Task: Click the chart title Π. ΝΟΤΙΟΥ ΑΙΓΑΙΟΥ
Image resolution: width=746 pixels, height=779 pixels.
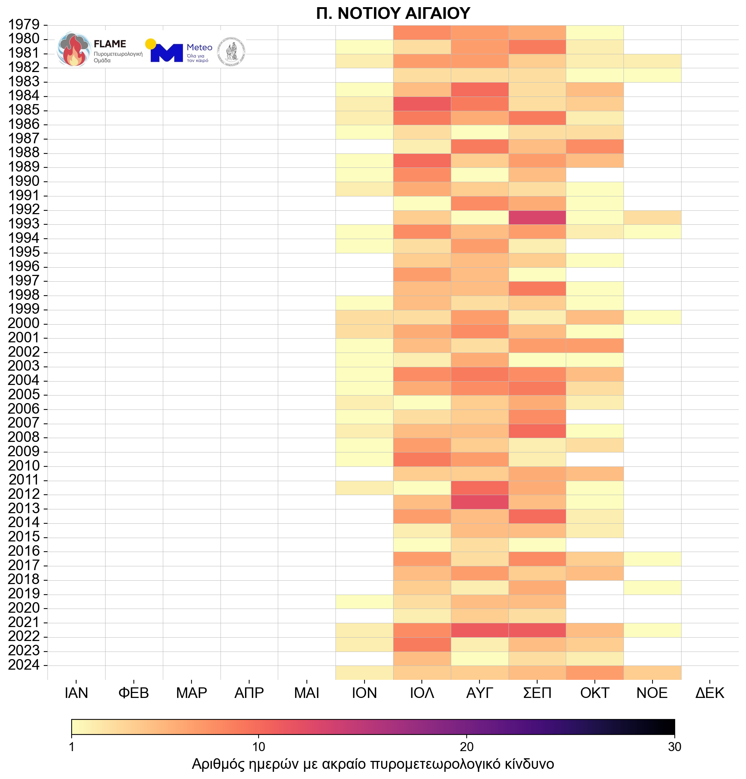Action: [393, 14]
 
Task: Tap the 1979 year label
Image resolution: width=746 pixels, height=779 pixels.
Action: [24, 25]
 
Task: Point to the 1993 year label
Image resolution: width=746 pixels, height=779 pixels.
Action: [24, 224]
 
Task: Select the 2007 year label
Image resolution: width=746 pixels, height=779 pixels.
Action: [24, 422]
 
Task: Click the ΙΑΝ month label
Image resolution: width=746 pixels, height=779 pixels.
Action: [76, 693]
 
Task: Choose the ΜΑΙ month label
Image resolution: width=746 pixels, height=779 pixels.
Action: [306, 693]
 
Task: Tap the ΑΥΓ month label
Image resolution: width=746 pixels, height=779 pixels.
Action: [479, 693]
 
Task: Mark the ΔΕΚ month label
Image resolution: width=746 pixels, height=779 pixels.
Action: [709, 693]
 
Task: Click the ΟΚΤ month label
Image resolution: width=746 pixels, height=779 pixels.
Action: [594, 693]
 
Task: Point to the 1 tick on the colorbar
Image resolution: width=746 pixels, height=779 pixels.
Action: [72, 747]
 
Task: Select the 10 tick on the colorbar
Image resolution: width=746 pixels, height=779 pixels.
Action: [258, 747]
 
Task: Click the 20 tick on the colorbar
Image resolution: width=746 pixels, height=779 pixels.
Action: [467, 747]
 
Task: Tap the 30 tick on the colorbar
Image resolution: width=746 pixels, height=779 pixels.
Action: [674, 747]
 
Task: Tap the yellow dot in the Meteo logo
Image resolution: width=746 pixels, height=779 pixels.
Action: [151, 44]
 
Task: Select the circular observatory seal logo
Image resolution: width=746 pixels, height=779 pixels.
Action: [231, 52]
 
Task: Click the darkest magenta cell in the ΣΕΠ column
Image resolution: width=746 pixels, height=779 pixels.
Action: [537, 218]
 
